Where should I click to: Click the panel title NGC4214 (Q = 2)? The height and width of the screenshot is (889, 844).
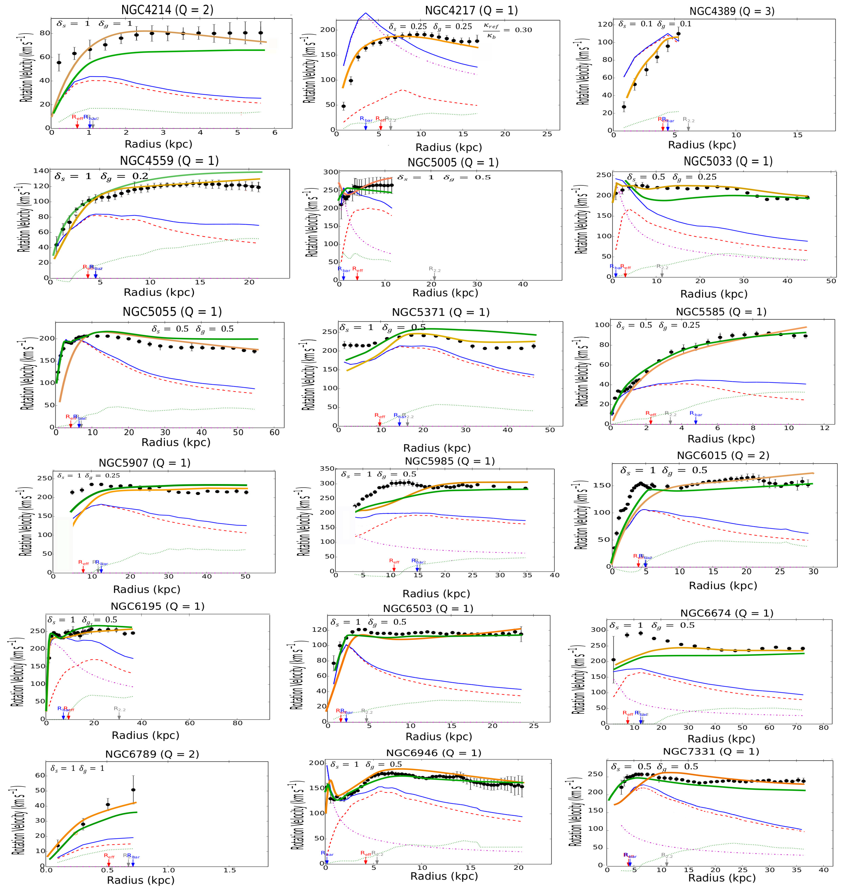[167, 10]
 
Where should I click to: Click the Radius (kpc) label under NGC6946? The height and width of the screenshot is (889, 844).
[444, 876]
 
